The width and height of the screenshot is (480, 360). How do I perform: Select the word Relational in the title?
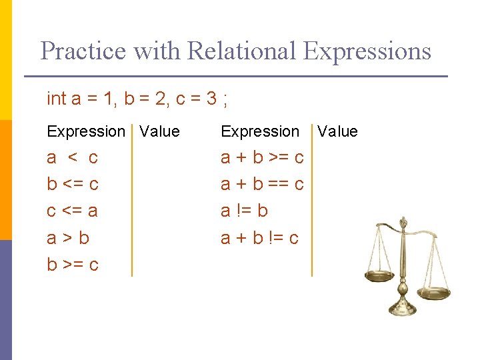(241, 51)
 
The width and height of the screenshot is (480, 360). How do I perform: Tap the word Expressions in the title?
(367, 51)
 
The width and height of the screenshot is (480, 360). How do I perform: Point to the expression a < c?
(72, 158)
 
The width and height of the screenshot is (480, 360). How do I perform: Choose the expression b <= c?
(72, 184)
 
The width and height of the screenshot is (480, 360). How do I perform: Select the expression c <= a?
(72, 211)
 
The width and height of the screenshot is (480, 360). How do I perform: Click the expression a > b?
(68, 237)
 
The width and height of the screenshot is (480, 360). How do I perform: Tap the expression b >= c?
(72, 264)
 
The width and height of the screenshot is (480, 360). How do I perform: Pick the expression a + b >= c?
(262, 158)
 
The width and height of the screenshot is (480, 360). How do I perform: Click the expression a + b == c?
(262, 184)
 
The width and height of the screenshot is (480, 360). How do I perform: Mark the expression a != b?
(244, 211)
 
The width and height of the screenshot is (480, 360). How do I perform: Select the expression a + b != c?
(259, 237)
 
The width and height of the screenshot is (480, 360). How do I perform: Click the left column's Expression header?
(86, 131)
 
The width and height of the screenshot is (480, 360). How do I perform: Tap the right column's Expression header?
(260, 131)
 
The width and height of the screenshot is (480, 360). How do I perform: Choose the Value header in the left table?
(160, 131)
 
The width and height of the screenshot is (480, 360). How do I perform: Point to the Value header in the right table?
(337, 131)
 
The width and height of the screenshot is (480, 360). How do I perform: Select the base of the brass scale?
(403, 308)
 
